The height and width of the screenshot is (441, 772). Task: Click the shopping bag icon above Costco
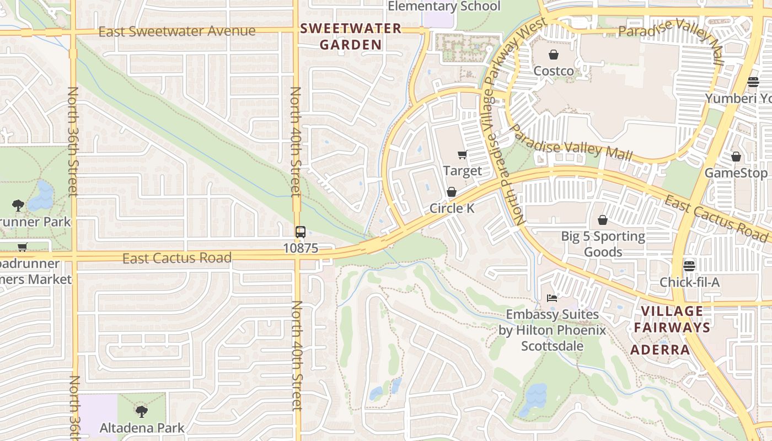coord(553,55)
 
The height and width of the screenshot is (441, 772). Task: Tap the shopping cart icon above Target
coord(462,155)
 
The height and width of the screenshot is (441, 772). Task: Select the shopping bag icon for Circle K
coord(452,192)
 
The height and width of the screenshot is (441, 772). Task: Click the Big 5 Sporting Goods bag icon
coord(603,220)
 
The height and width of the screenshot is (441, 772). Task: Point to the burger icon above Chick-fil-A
coord(689,266)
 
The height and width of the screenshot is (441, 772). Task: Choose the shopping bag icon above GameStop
coord(736,157)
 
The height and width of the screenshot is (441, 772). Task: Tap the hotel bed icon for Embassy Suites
coord(552,298)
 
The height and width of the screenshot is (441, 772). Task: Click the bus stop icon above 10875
coord(301,232)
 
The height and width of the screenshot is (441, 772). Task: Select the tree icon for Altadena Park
coord(142,411)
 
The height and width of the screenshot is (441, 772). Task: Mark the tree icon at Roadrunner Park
coord(18,206)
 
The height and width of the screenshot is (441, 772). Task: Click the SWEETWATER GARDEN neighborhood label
coord(351,37)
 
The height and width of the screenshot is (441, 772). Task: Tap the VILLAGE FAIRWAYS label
coord(672,319)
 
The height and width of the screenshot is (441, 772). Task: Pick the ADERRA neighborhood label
coord(660,350)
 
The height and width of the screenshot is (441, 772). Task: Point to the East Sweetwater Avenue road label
coord(177,31)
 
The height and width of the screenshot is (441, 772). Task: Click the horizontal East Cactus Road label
coord(176,258)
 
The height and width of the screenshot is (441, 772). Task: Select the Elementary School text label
coord(444,7)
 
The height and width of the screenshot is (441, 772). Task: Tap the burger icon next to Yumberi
coord(753,82)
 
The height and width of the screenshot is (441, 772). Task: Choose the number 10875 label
coord(301,249)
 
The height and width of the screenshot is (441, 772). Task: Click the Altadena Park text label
coord(142,428)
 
